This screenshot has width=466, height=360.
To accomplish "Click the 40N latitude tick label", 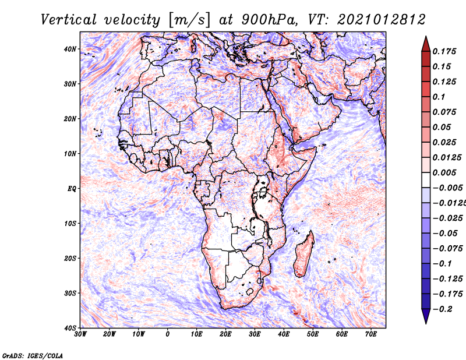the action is coord(70,49).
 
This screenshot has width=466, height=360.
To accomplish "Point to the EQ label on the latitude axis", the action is coord(72,189).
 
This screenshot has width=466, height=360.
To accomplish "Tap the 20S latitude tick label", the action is coord(70,258).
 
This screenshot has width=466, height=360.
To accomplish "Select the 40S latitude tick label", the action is coord(70,328).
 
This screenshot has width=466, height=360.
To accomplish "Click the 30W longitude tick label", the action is coord(80,334).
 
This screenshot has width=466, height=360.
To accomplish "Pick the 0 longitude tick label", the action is coord(168,334).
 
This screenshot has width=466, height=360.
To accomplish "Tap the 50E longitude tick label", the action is coord(313,334).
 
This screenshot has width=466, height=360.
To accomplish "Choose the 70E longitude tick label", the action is coord(371,334).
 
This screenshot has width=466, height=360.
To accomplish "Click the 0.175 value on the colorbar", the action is coord(444,51).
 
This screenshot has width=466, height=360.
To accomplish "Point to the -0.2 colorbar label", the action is coord(443,309).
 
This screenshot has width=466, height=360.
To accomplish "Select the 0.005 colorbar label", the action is coord(444,172).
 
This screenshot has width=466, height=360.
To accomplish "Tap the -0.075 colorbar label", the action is coord(447,249).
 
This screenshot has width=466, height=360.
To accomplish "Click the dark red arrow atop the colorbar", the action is coord(426,44).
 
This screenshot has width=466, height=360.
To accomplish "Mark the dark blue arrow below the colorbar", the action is coord(426,316).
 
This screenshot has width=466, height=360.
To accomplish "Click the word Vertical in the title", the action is coord(69,20).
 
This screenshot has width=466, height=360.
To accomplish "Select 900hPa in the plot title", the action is coord(269,20).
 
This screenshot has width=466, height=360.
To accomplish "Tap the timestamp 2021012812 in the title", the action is coord(382,20).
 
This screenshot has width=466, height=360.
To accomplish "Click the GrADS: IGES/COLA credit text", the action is coord(33,356).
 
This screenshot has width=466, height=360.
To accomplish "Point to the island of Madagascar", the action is coord(304,254).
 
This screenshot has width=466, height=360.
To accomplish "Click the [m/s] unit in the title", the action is coord(189,20).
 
